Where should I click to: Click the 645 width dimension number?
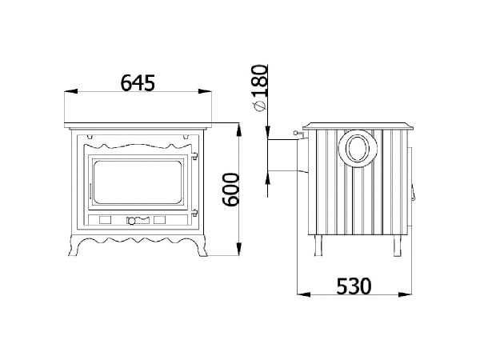tap(138, 83)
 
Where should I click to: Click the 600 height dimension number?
tap(230, 190)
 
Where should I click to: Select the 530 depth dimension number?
tap(354, 286)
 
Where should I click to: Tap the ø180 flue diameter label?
tap(259, 88)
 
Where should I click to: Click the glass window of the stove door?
tap(138, 182)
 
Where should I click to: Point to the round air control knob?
tap(131, 221)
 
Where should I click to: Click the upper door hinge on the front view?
tap(194, 156)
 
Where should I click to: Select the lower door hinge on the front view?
tap(194, 213)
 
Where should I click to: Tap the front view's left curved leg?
tap(76, 246)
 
